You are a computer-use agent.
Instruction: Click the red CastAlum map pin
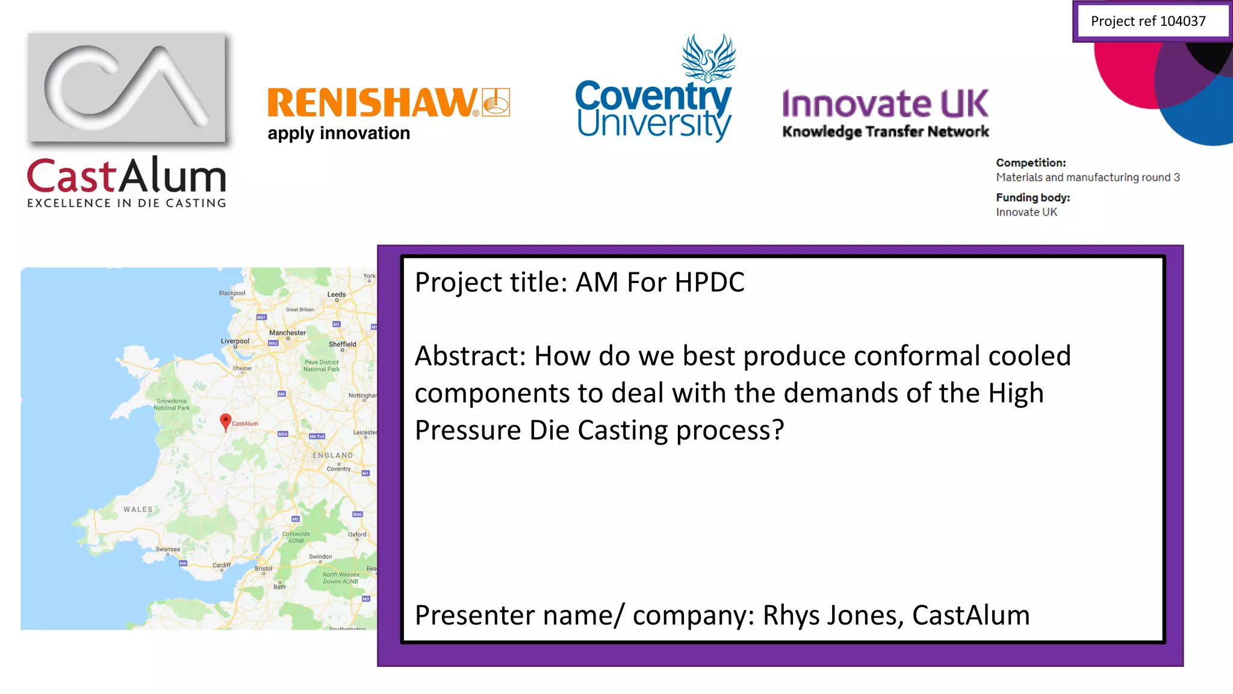226,421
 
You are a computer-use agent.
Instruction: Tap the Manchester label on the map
287,333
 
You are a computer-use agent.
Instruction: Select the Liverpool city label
235,341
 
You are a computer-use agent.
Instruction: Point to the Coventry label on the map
338,469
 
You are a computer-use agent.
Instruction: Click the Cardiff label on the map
221,565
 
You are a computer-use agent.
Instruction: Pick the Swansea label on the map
167,549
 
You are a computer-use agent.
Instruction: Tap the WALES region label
138,509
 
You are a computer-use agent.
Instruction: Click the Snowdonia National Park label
172,404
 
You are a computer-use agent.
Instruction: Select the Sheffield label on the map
342,344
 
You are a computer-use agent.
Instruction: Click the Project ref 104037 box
1149,21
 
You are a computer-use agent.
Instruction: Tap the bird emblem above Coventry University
709,58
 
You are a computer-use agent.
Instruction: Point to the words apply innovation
338,133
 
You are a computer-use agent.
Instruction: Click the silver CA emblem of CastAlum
127,87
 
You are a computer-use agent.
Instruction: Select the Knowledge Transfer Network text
885,131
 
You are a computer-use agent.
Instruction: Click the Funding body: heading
1033,198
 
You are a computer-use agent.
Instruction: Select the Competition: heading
1030,163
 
